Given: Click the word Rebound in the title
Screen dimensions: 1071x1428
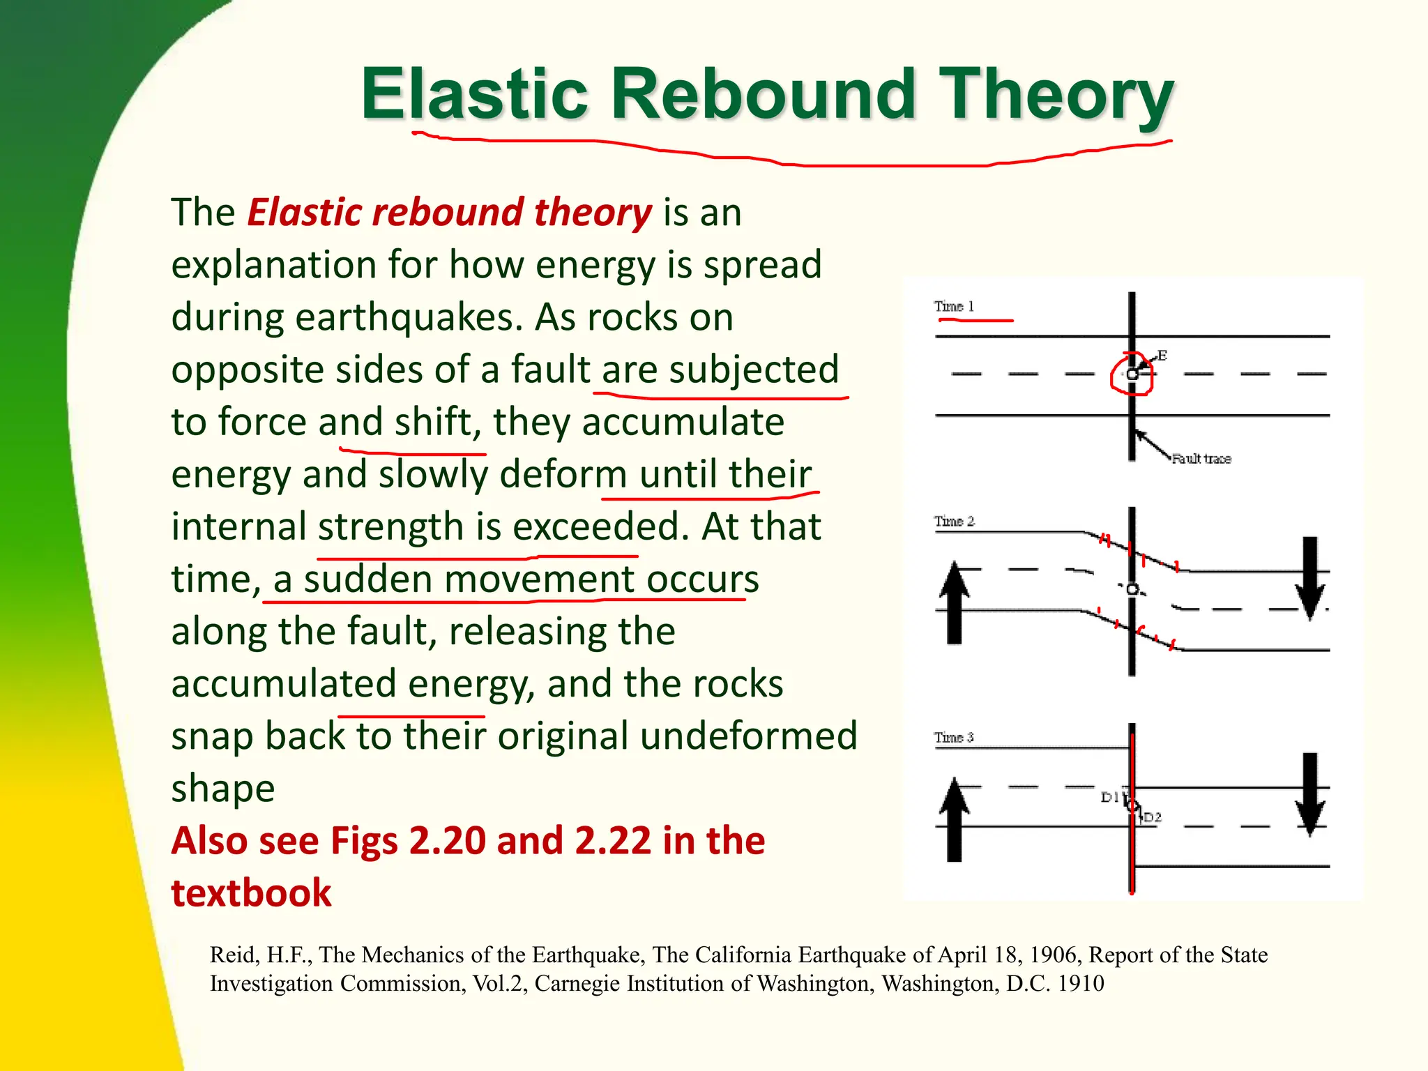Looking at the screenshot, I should pyautogui.click(x=763, y=93).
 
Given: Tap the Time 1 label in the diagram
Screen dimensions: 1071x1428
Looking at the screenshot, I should pyautogui.click(x=954, y=306).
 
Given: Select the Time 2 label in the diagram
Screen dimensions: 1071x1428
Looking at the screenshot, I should pyautogui.click(x=954, y=521).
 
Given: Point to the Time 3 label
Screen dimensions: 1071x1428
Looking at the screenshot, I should pyautogui.click(x=954, y=737).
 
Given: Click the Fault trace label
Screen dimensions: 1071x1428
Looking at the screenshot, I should pyautogui.click(x=1201, y=458).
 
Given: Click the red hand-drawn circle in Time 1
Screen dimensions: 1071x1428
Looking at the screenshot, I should pyautogui.click(x=1131, y=374).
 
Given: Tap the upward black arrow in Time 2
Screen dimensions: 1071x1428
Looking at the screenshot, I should pyautogui.click(x=955, y=603).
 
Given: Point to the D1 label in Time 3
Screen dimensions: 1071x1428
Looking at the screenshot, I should pyautogui.click(x=1110, y=797).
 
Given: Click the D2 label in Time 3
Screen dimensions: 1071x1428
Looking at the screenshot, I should pyautogui.click(x=1153, y=817).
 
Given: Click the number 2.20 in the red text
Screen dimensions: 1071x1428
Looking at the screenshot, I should pyautogui.click(x=447, y=840).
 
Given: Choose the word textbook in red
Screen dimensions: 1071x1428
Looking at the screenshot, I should pyautogui.click(x=251, y=893).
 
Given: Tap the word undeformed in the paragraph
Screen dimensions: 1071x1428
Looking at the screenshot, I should pyautogui.click(x=748, y=736).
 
